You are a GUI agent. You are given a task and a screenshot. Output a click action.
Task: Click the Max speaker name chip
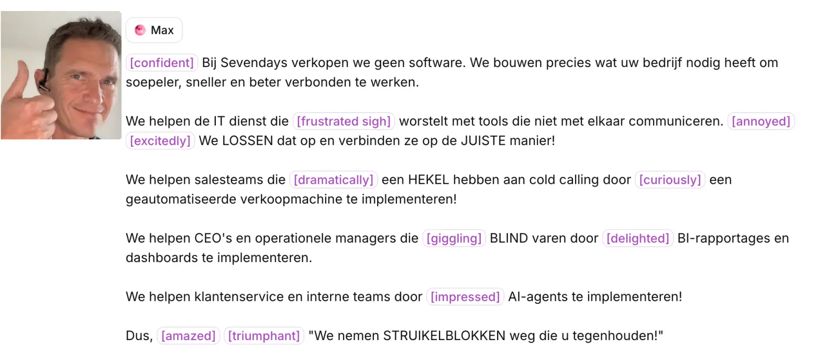[x=154, y=30]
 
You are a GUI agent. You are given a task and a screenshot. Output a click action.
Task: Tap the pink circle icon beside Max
[x=140, y=30]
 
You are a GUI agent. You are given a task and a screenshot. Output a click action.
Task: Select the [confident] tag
[x=162, y=62]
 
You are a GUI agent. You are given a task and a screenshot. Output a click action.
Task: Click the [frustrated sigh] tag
[x=344, y=121]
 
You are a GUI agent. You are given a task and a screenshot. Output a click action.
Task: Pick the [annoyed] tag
[x=761, y=121]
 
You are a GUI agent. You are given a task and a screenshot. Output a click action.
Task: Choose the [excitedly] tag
[x=160, y=141]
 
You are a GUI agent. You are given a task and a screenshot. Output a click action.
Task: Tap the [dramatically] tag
[x=333, y=180]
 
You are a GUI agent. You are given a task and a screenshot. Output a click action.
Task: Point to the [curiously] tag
[x=670, y=180]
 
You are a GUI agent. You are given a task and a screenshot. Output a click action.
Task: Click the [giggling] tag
[x=454, y=238]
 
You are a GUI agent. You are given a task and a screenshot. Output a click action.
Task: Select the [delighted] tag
[x=638, y=238]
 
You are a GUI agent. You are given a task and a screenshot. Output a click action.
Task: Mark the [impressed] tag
[x=465, y=297]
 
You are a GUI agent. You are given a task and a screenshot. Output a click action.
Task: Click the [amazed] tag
[x=188, y=336]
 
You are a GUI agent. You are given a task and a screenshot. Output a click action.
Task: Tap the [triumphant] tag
[x=264, y=336]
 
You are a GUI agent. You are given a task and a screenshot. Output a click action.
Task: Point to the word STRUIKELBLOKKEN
[x=444, y=336]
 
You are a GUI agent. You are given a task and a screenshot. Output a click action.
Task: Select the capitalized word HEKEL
[x=428, y=180]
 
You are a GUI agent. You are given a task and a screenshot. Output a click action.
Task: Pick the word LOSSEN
[x=248, y=141]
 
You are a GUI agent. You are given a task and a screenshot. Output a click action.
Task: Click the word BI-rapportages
[x=720, y=238]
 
